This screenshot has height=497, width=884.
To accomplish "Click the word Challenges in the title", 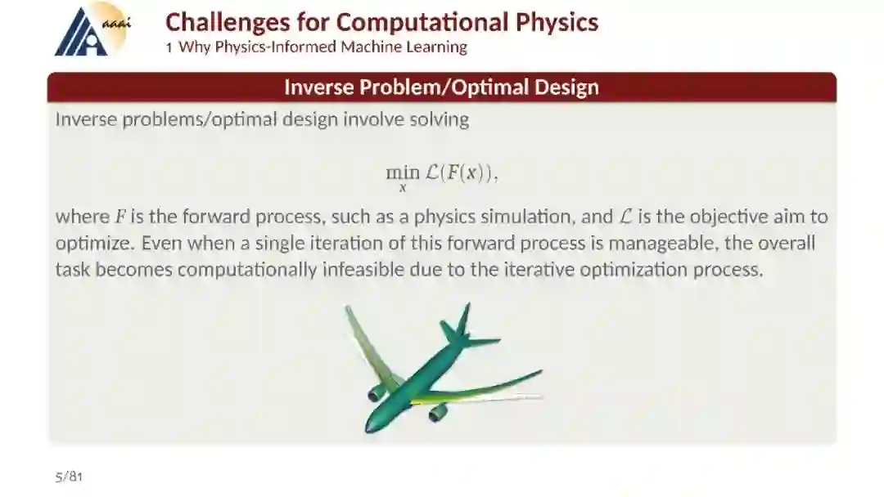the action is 228,23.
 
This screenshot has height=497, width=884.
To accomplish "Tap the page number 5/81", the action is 69,477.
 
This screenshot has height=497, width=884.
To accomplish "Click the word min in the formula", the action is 403,172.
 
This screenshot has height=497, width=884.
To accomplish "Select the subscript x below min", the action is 403,188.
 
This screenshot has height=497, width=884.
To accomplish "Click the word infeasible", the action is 363,269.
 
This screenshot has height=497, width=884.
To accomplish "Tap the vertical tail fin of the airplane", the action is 463,319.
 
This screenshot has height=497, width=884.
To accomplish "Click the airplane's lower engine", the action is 438,413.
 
